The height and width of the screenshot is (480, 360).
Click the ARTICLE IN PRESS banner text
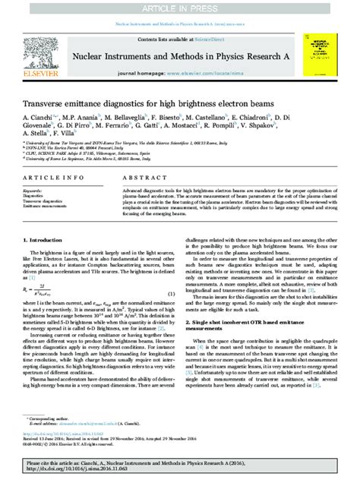tap(180, 7)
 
